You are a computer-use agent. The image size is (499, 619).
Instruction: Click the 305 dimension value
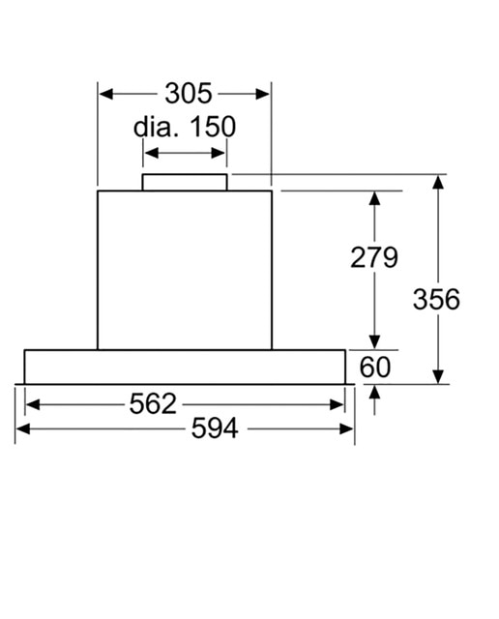189,94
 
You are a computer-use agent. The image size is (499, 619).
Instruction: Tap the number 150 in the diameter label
213,127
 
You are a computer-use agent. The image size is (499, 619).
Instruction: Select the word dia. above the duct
157,127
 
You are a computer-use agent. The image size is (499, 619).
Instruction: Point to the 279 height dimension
374,257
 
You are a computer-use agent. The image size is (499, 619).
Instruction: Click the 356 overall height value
437,299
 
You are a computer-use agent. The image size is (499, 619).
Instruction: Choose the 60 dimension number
375,367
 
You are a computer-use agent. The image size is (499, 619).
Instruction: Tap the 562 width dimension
153,404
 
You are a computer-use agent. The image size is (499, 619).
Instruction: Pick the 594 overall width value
215,428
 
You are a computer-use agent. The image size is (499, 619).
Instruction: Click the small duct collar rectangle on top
185,183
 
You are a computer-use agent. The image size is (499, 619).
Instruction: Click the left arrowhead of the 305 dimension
106,94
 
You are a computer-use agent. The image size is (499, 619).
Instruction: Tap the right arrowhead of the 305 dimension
262,94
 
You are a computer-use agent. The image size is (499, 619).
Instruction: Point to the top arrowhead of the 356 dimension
438,182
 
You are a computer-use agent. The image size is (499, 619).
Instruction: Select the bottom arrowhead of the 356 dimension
438,376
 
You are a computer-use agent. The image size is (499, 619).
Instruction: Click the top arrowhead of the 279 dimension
374,198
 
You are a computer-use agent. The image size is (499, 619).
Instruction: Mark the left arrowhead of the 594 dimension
23,428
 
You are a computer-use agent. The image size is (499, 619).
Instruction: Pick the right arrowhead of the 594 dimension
346,428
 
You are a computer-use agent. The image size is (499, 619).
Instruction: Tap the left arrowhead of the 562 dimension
33,404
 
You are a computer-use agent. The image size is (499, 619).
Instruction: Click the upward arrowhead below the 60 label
374,393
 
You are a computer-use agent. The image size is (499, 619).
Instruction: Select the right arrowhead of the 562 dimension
337,404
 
